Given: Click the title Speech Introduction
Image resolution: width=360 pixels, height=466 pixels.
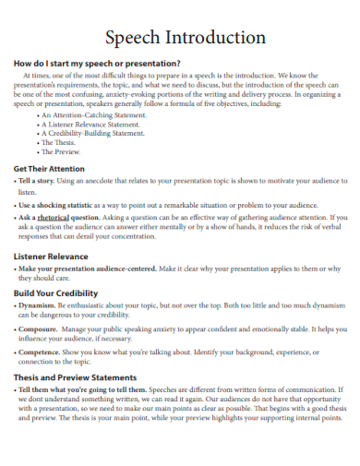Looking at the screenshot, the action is pos(186,38).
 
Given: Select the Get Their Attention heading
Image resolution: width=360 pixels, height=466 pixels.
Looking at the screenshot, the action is pos(51,169).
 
